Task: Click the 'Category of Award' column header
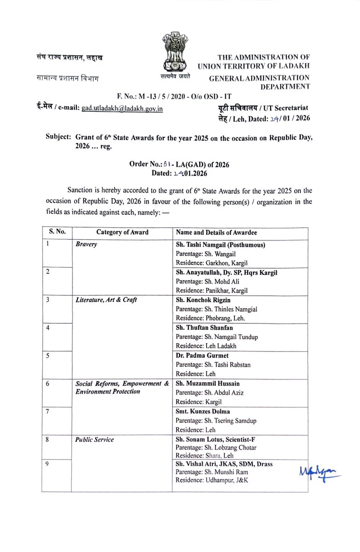click(122, 232)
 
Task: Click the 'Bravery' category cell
click(86, 245)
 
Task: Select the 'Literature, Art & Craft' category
click(105, 300)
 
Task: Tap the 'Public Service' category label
click(95, 439)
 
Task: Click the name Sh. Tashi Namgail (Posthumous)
click(220, 245)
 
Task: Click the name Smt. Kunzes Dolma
click(203, 411)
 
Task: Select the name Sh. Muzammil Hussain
click(207, 383)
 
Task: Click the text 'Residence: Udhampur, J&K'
click(212, 481)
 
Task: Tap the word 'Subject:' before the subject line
click(58, 137)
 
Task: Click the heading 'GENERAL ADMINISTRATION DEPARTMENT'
click(260, 82)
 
